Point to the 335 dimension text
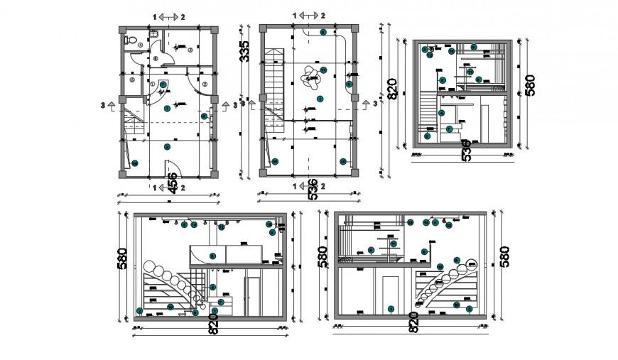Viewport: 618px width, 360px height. (245, 54)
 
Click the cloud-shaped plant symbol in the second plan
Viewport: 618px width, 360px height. (309, 76)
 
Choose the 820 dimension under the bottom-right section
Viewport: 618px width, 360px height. (413, 323)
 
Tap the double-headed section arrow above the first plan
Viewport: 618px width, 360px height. (168, 16)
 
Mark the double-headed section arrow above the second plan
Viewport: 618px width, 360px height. (310, 16)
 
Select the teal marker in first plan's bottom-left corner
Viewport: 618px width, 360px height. (134, 163)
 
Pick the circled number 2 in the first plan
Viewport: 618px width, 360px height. (204, 84)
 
